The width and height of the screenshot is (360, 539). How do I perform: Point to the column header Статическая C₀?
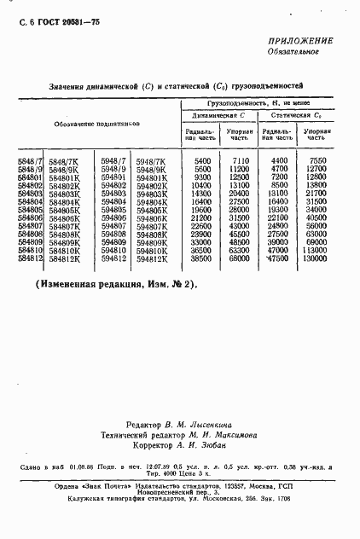[294, 113]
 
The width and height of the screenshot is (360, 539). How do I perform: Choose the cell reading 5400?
[202, 160]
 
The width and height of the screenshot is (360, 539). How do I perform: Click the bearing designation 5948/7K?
[151, 160]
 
